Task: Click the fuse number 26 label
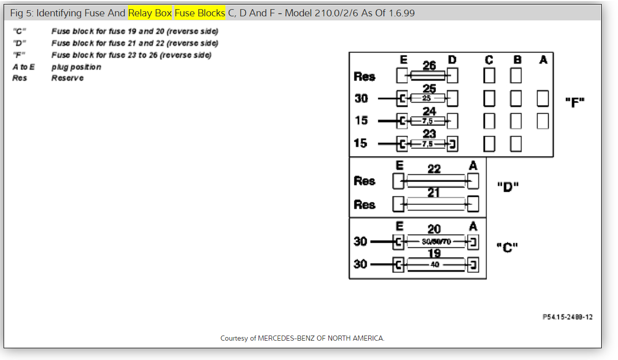pyautogui.click(x=429, y=66)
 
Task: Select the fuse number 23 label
pyautogui.click(x=429, y=134)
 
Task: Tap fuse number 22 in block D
pyautogui.click(x=434, y=169)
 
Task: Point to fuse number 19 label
pyautogui.click(x=434, y=253)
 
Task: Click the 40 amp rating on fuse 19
pyautogui.click(x=434, y=265)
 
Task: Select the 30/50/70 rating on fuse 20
pyautogui.click(x=436, y=242)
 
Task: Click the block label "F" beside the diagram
pyautogui.click(x=575, y=101)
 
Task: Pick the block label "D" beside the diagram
pyautogui.click(x=507, y=186)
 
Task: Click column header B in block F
pyautogui.click(x=517, y=60)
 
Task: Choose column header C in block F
pyautogui.click(x=489, y=60)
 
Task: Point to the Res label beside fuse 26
pyautogui.click(x=364, y=77)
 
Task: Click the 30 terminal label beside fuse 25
pyautogui.click(x=361, y=98)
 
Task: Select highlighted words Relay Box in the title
pyautogui.click(x=150, y=13)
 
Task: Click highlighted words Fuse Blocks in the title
pyautogui.click(x=199, y=13)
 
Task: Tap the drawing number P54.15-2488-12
pyautogui.click(x=568, y=317)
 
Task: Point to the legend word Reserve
pyautogui.click(x=67, y=78)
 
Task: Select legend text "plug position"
pyautogui.click(x=76, y=67)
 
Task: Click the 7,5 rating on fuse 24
pyautogui.click(x=427, y=121)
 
